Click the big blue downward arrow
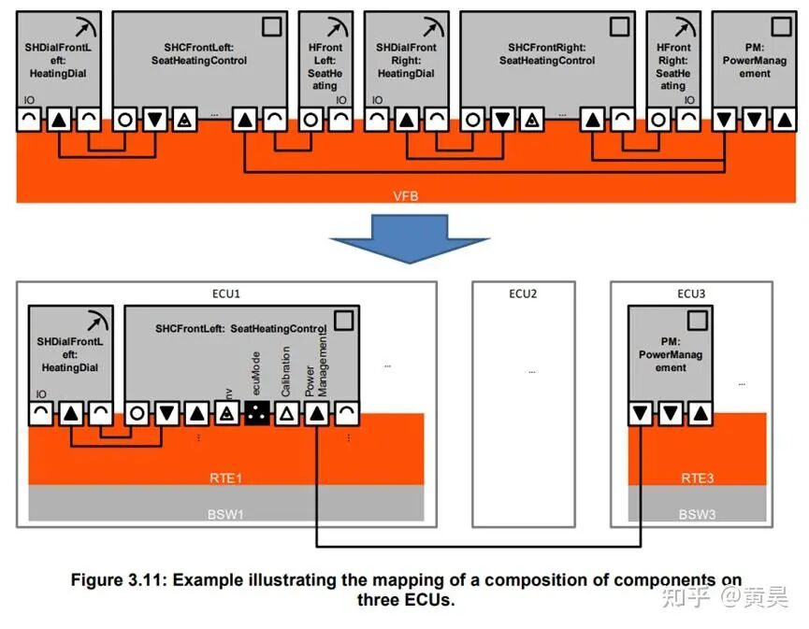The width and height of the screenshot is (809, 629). pos(409,236)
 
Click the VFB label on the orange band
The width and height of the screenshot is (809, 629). pos(406,196)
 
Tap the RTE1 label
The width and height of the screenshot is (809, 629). pos(225,478)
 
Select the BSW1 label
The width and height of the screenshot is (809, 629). pos(225,514)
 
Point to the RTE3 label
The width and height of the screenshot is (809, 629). pos(697,478)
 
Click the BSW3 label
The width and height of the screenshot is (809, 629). pos(697,514)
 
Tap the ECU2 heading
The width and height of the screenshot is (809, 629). pos(523,293)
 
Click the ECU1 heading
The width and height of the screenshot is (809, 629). pos(226,293)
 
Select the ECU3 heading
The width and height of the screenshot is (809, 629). pos(691,293)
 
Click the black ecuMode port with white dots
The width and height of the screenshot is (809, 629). pos(257,413)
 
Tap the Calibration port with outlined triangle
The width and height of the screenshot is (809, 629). pos(287,413)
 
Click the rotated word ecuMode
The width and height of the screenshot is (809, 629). pos(256,373)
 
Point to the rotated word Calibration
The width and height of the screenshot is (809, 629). pos(285,371)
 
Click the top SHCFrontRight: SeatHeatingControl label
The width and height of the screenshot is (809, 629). pos(547,54)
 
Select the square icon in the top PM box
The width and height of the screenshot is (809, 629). pos(781,26)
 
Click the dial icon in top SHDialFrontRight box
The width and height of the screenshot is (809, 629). pos(434,27)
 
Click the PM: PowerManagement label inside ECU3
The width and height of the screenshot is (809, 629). pos(671,355)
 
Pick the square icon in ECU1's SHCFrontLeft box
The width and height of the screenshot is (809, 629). pos(344,321)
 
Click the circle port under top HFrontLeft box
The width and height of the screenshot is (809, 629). pos(311,121)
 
